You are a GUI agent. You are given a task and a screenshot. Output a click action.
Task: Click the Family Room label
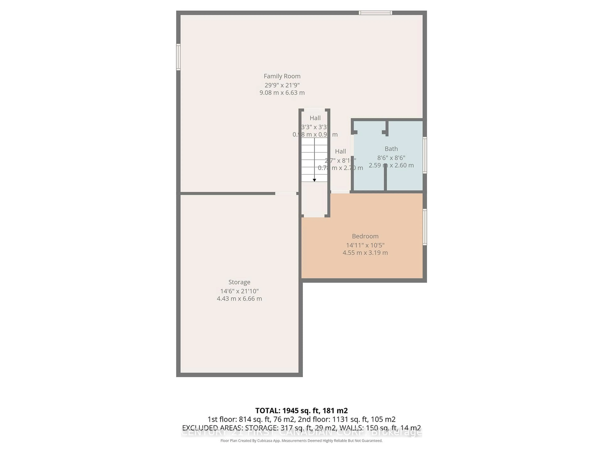(x=282, y=76)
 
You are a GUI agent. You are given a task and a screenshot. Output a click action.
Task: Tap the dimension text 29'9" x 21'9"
(x=282, y=85)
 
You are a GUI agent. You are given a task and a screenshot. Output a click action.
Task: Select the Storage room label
(x=239, y=282)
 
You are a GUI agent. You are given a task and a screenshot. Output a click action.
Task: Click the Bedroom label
(x=365, y=236)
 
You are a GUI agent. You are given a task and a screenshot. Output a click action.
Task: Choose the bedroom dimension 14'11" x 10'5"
(x=365, y=245)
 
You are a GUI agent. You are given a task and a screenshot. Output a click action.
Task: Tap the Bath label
(x=391, y=149)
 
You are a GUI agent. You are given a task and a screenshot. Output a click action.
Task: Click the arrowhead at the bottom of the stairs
(x=314, y=180)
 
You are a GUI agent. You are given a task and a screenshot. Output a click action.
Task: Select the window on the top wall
(x=375, y=13)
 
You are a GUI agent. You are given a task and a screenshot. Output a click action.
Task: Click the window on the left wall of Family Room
(x=178, y=57)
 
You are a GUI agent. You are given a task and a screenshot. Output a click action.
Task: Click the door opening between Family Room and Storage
(x=285, y=193)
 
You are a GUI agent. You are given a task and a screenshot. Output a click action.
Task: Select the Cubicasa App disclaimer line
(x=301, y=441)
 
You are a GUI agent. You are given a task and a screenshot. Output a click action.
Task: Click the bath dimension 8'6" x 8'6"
(x=391, y=158)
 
